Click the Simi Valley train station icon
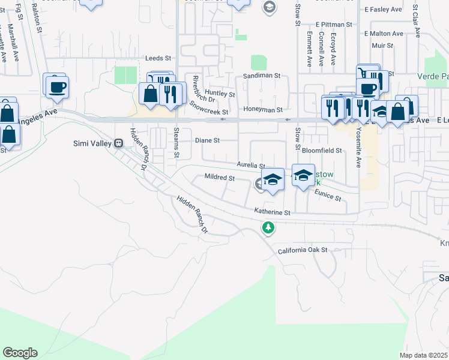[119, 143]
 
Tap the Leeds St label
[158, 58]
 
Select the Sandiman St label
[262, 76]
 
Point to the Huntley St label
[220, 94]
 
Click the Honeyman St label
[262, 110]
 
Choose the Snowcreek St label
[209, 107]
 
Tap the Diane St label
[208, 140]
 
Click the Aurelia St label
[251, 164]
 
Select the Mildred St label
[218, 178]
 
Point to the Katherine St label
[272, 212]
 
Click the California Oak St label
[303, 250]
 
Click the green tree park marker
[268, 227]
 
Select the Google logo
[20, 353]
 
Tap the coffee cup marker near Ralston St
[57, 87]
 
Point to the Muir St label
[382, 45]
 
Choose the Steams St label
[176, 143]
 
